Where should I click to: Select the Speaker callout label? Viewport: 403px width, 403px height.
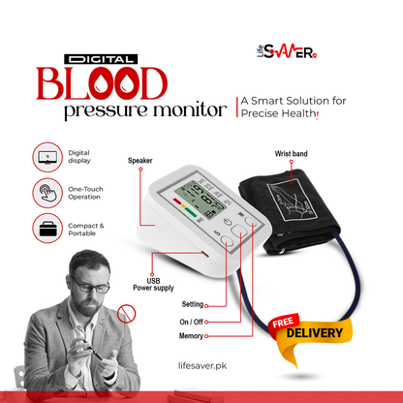coord(140,161)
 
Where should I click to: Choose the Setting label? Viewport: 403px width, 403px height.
coord(192,304)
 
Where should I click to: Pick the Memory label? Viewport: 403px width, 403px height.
coord(191,336)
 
